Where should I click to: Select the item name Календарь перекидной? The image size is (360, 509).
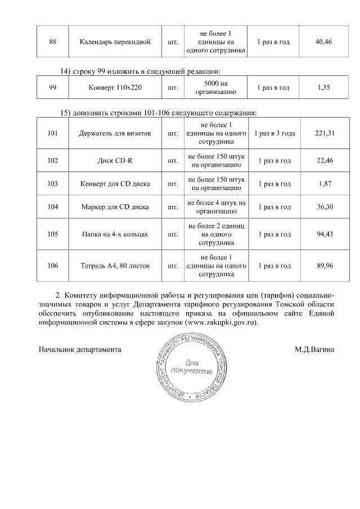[x=115, y=42]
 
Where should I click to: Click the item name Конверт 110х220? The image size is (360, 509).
[x=115, y=88]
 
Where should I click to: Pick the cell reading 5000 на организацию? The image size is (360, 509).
[x=216, y=88]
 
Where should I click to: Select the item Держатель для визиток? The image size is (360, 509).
[x=115, y=133]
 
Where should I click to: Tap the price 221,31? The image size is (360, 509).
[x=325, y=133]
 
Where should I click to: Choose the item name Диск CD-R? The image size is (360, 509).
[x=115, y=161]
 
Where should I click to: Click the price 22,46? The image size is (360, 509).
[x=325, y=161]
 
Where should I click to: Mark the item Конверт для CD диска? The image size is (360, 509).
[x=115, y=184]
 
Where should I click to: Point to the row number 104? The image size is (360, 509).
[x=53, y=207]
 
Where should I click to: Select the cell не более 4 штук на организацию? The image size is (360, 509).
[x=216, y=207]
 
